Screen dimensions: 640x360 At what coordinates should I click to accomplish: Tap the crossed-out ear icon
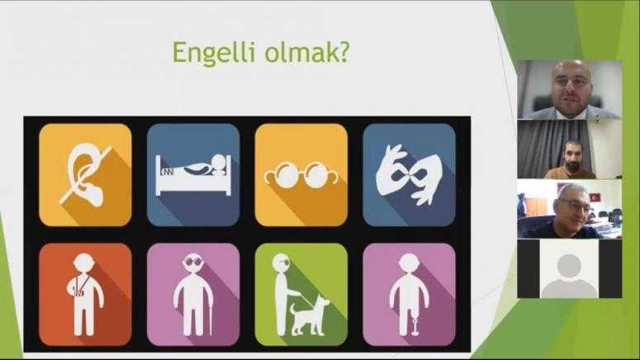coord(85,175)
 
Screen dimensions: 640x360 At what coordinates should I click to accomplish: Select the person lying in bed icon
coord(193,175)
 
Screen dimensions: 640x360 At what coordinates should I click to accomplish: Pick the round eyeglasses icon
coord(301,176)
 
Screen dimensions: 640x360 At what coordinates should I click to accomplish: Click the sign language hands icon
coord(409,175)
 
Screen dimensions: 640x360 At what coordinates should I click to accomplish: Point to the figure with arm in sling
coord(85,294)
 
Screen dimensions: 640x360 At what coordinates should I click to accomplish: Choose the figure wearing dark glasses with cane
coord(193,294)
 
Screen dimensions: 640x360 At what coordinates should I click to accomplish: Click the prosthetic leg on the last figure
coord(416,325)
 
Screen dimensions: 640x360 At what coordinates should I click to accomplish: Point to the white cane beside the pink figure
coord(211,317)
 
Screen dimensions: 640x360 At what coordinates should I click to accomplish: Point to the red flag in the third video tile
coord(595,197)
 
